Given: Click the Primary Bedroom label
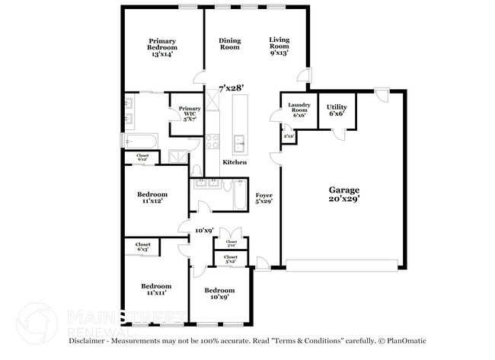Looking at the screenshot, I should pos(163,48).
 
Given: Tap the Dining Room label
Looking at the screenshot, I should pos(229,44).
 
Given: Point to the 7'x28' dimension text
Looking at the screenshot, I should pos(232,88).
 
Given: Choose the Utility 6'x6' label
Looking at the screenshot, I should pos(336,110).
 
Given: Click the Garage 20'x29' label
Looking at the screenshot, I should pos(344,193).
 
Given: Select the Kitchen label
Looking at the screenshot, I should pos(235,163).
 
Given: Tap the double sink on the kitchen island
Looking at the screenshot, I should pos(239,141).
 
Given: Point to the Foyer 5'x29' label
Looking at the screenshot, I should pos(264,199).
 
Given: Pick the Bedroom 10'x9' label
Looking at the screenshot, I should pos(219,294).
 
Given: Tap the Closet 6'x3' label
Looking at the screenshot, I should pos(142,247).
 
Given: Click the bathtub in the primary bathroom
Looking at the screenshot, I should pos(141,141).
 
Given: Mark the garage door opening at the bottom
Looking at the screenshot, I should pos(342,265).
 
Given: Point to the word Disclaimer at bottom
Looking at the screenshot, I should pos(91,341).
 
